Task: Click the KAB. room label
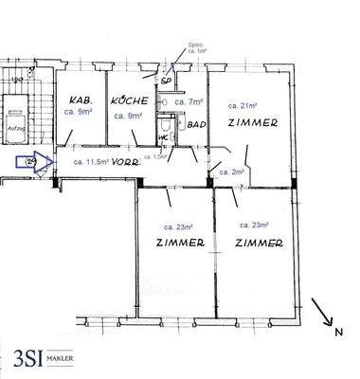(78, 99)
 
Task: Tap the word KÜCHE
(126, 99)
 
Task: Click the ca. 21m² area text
(248, 105)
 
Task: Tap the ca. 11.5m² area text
(90, 162)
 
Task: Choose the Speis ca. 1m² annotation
(197, 49)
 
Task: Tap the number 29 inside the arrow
(29, 162)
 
